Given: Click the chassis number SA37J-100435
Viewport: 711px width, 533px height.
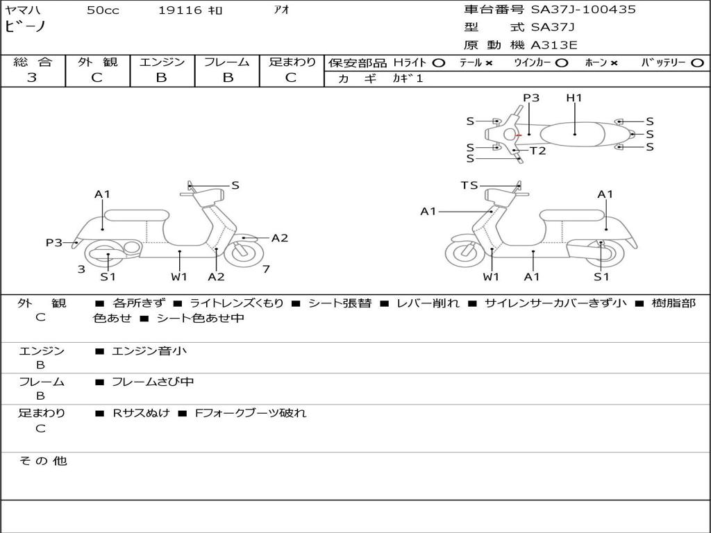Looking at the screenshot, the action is click(x=583, y=10).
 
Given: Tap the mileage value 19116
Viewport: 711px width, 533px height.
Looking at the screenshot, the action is click(x=179, y=10).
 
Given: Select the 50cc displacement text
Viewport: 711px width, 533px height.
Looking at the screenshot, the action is click(x=103, y=10).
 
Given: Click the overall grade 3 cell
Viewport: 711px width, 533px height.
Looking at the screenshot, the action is click(x=32, y=78).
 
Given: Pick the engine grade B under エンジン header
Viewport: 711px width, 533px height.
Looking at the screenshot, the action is click(x=161, y=78).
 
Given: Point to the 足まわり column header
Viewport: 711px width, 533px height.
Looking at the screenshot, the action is click(x=292, y=62).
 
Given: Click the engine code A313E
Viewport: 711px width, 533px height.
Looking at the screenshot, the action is click(x=554, y=45).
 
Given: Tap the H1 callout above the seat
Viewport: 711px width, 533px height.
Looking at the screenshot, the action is click(x=574, y=98).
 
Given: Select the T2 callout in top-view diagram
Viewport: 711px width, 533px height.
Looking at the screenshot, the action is click(x=537, y=151).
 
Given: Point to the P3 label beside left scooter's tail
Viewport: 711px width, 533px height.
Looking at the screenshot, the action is click(x=54, y=243).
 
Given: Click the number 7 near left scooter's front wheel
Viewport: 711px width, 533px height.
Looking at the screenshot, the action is click(x=266, y=269).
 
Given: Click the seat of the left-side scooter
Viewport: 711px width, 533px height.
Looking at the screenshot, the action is click(x=137, y=215).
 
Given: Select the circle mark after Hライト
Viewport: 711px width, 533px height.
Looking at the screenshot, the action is click(x=438, y=63).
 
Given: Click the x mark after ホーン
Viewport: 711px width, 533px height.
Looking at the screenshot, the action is click(x=614, y=63).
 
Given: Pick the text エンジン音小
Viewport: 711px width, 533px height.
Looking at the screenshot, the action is click(x=149, y=351).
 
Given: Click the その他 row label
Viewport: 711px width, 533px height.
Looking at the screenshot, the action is click(x=42, y=461).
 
